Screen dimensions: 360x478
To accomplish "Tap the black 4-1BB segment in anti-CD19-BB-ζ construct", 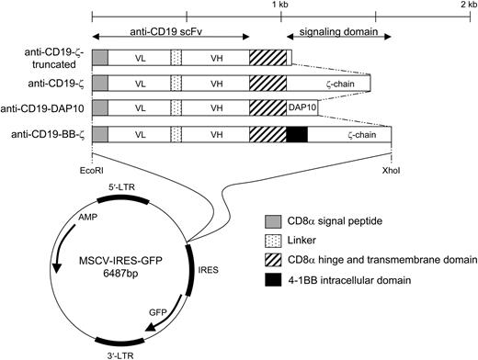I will [x=297, y=134].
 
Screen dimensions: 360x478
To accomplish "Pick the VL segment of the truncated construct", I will [x=140, y=58].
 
